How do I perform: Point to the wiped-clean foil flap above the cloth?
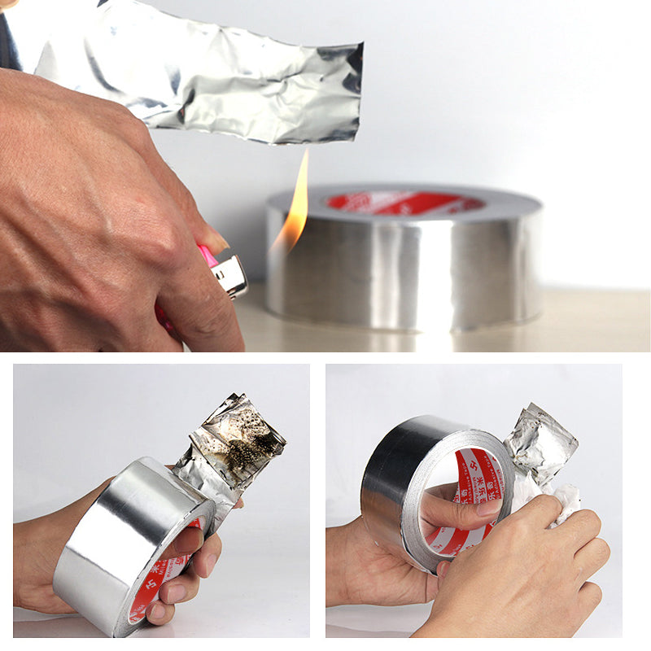click(x=541, y=443)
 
